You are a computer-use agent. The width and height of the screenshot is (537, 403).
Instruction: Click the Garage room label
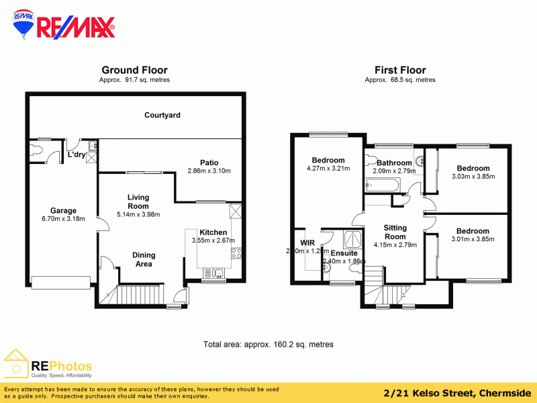tap(64, 210)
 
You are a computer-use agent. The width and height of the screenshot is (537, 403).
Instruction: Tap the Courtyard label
tap(162, 116)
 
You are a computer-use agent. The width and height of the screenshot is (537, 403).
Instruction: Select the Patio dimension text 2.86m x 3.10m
tap(209, 171)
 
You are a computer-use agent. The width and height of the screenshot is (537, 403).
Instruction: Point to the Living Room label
tap(138, 201)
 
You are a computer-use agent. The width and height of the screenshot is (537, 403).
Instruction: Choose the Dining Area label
tap(144, 259)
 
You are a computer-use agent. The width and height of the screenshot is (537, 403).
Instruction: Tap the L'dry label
tap(76, 155)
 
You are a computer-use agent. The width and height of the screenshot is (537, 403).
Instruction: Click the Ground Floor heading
tap(134, 70)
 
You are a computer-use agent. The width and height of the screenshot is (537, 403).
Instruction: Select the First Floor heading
tap(400, 70)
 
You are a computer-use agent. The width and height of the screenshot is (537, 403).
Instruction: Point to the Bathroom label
tap(394, 163)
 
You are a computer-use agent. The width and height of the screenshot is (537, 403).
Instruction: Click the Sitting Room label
tap(395, 232)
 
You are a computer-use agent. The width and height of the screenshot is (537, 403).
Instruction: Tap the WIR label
tap(307, 242)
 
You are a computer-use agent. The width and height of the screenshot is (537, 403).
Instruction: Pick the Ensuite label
tap(344, 253)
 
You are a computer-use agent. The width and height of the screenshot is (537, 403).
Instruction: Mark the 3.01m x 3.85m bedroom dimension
tap(473, 239)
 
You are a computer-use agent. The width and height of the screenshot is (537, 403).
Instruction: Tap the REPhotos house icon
tap(16, 365)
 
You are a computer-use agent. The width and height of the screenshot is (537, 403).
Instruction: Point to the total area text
tap(268, 345)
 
